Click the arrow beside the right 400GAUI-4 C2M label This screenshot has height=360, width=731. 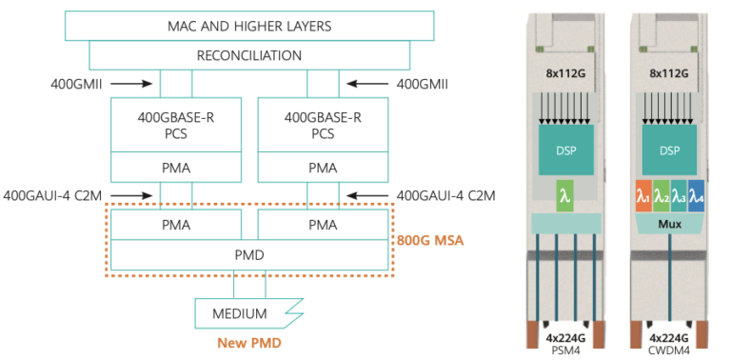(x=365, y=196)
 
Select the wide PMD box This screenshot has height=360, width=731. (x=248, y=255)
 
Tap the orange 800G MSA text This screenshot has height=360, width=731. (x=431, y=241)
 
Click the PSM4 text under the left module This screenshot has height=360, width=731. (x=565, y=348)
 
